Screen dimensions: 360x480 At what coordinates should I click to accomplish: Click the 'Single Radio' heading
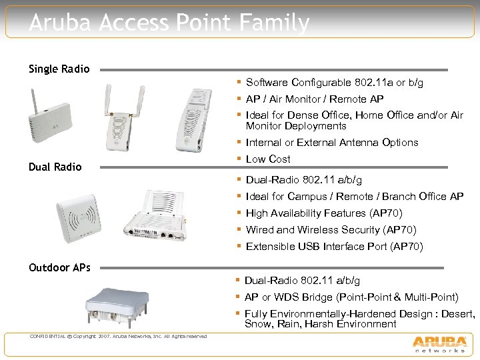(x=59, y=69)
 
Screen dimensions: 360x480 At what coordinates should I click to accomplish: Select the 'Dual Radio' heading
(x=55, y=167)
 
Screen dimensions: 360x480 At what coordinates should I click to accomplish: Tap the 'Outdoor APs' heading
(x=59, y=267)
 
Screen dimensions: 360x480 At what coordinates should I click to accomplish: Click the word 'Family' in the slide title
(x=274, y=23)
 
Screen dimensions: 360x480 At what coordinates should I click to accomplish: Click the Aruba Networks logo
(x=439, y=342)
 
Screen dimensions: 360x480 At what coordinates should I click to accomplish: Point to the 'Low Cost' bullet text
(x=268, y=159)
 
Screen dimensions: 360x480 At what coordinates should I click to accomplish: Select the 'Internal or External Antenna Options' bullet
(x=332, y=143)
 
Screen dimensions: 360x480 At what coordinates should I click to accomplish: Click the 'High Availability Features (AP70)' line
(x=324, y=213)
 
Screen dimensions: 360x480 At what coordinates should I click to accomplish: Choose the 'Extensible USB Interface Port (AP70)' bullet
(x=334, y=247)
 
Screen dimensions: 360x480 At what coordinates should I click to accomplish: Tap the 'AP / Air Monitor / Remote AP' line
(x=315, y=99)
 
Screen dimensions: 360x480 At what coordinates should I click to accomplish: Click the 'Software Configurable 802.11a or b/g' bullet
(x=334, y=83)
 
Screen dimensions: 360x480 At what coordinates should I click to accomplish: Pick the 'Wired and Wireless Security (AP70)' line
(x=331, y=230)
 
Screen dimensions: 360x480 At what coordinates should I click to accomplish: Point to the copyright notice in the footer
(x=118, y=335)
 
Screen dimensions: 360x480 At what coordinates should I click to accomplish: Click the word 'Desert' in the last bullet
(x=455, y=314)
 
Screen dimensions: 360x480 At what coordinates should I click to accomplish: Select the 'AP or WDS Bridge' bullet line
(x=351, y=297)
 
